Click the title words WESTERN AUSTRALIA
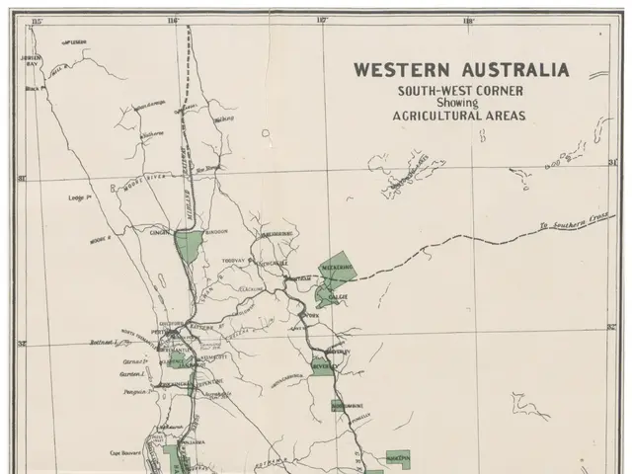click(x=461, y=70)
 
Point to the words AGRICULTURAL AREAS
click(x=461, y=115)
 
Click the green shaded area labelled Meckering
click(x=337, y=269)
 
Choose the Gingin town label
click(x=162, y=234)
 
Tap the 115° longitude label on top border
click(x=39, y=20)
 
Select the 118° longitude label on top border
click(x=468, y=20)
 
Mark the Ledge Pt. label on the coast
click(x=81, y=198)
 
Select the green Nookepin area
click(x=398, y=459)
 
